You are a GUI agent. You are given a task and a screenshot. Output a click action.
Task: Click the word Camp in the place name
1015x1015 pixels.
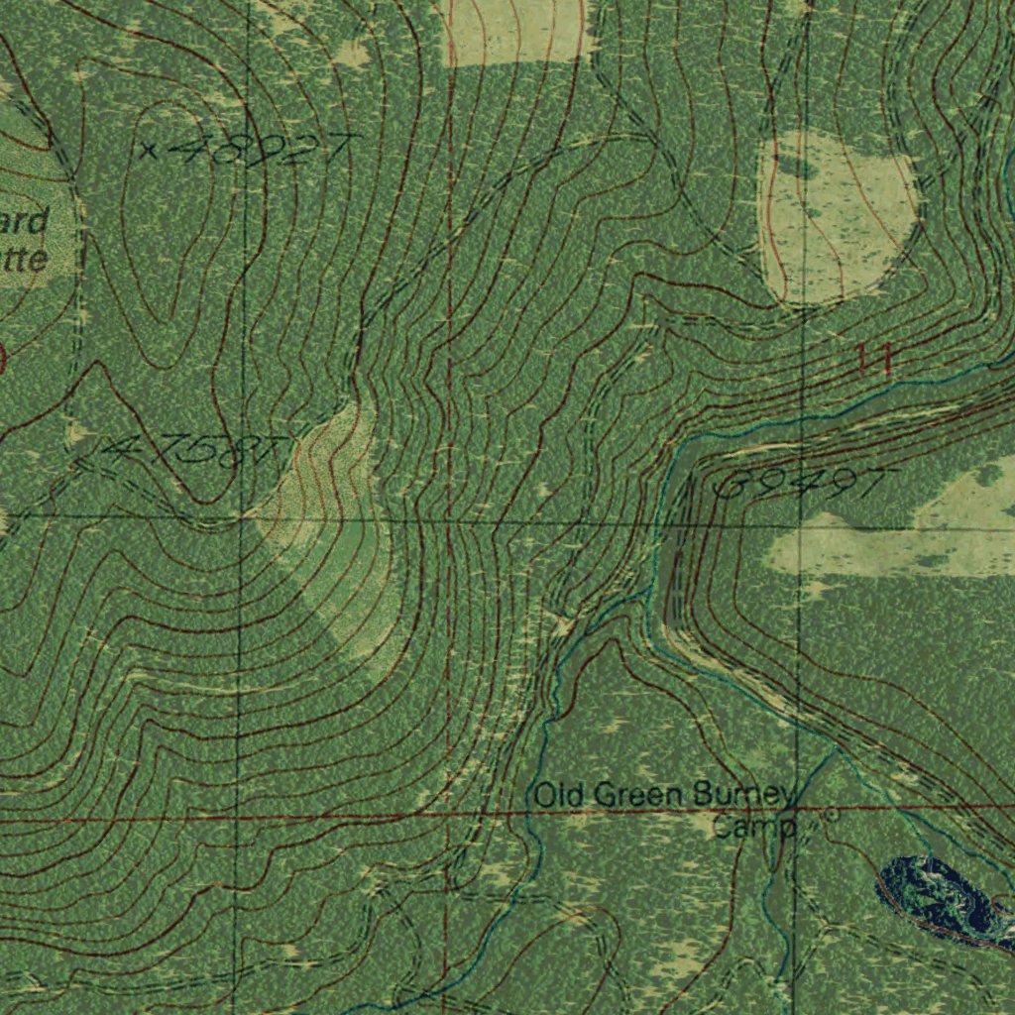[x=753, y=826]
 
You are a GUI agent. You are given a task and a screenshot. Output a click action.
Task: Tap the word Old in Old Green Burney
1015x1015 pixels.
[x=555, y=795]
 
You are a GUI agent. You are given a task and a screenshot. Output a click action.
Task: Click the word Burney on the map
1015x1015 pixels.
[x=744, y=795]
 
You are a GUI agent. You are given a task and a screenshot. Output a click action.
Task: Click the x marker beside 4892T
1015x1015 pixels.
[x=149, y=151]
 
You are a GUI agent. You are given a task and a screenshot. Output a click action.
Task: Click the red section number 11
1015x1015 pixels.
[x=876, y=359]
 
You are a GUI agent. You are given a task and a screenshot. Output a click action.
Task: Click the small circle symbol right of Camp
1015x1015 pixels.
[x=831, y=814]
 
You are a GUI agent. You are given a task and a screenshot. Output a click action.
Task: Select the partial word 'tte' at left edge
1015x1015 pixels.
[x=24, y=260]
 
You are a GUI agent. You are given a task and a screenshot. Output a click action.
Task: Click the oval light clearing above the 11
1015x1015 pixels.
[x=836, y=218]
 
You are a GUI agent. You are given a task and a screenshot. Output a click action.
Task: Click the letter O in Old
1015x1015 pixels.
[x=543, y=795]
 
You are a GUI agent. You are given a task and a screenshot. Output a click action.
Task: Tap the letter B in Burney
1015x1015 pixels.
[x=703, y=795]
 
